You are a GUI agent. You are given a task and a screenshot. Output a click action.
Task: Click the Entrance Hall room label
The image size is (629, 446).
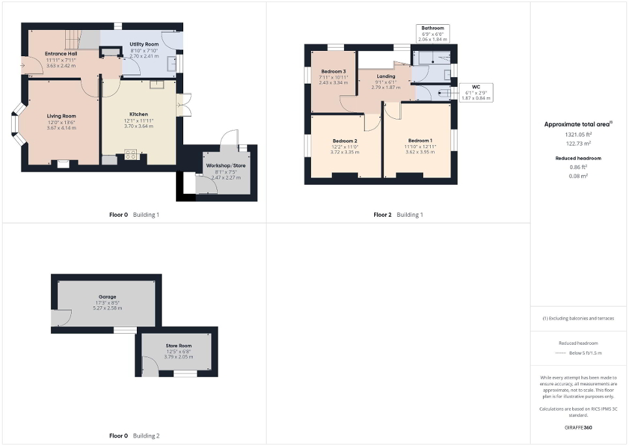tap(61, 54)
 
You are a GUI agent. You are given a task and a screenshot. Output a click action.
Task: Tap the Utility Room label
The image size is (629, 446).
tap(144, 44)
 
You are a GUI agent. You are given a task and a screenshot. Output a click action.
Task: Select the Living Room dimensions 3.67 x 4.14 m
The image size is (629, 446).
tap(61, 128)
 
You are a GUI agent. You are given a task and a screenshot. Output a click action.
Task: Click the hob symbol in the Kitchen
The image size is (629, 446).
tap(130, 155)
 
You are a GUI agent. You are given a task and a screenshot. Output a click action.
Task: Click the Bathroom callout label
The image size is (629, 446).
tap(432, 29)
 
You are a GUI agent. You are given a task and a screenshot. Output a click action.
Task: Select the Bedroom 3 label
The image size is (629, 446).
tap(333, 71)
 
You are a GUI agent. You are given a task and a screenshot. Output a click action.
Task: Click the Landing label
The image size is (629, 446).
tap(386, 76)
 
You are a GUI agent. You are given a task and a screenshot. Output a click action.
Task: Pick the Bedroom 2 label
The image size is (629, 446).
tap(345, 141)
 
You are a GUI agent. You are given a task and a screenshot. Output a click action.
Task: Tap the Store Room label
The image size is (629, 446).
tap(176, 345)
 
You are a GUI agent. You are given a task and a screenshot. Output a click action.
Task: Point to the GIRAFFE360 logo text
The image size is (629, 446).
tap(579, 427)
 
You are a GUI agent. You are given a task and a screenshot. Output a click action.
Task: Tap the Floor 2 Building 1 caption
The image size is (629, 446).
tap(398, 215)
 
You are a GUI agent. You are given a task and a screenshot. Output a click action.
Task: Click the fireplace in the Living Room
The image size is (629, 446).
tap(63, 164)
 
